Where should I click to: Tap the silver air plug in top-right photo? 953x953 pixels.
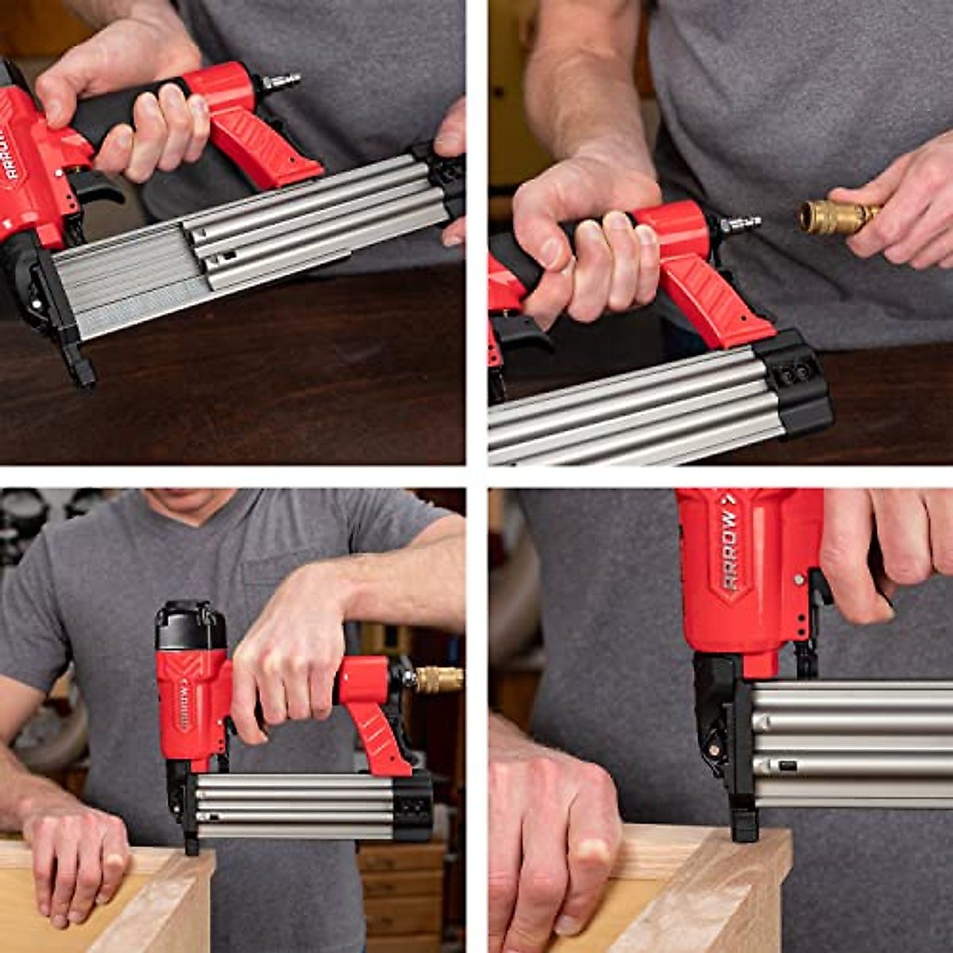coord(739,225)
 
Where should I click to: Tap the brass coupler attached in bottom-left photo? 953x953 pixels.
coord(438,679)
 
